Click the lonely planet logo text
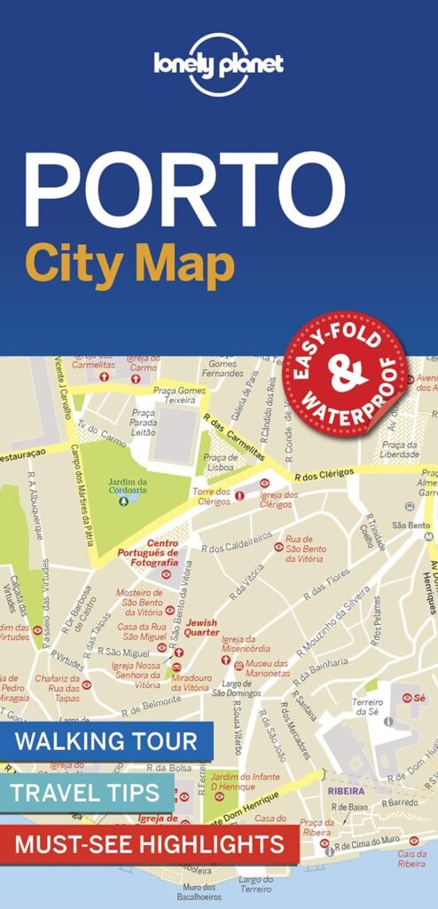tap(218, 63)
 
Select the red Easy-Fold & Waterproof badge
tap(346, 374)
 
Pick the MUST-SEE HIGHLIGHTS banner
tap(147, 842)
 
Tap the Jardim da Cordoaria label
tap(128, 486)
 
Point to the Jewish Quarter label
tap(201, 628)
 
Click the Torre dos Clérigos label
tap(211, 495)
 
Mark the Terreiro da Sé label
tap(366, 706)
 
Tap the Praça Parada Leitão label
tap(144, 423)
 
